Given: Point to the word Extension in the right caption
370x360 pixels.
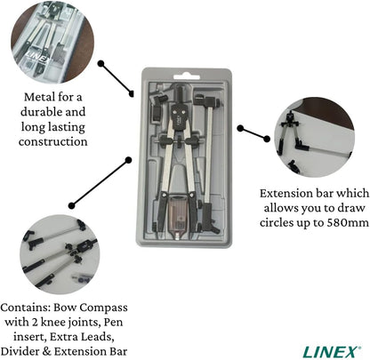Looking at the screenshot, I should (x=291, y=192).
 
